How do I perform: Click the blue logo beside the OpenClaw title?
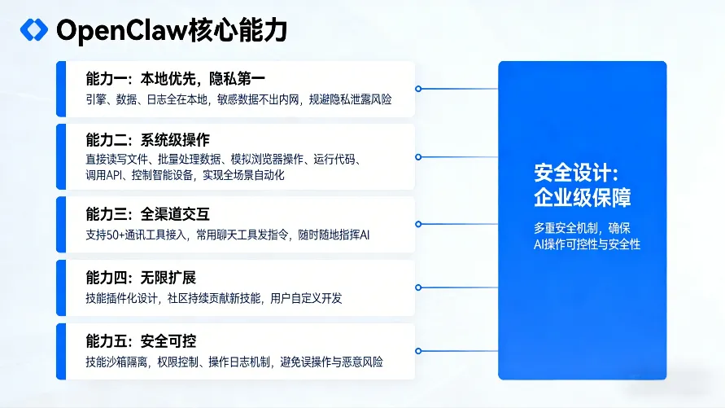33,29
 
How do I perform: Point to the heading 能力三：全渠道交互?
147,214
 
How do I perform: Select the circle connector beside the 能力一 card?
417,88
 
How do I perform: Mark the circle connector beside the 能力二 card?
417,156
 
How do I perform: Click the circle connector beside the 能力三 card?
417,224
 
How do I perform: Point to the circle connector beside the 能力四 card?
417,287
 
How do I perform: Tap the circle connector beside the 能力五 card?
417,351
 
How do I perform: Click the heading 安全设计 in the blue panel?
576,173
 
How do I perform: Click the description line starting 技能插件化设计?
213,298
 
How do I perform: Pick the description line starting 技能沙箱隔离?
234,362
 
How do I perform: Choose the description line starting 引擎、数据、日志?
238,99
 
